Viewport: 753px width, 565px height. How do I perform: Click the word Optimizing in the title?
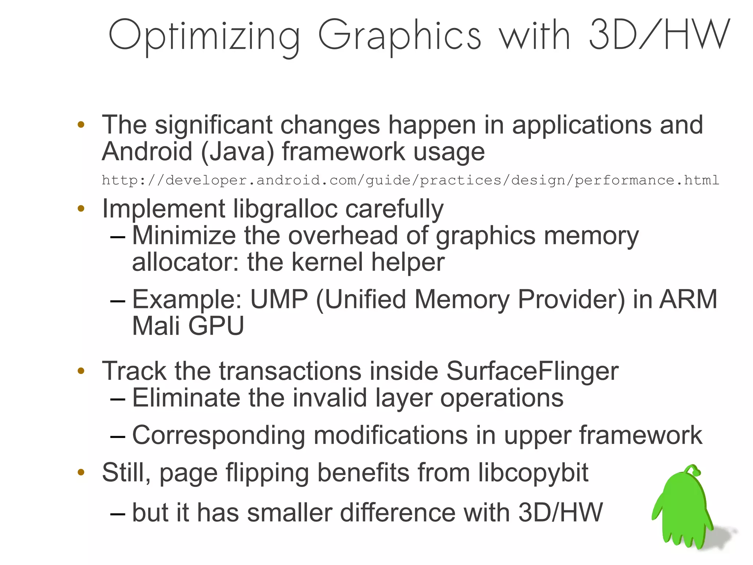pyautogui.click(x=204, y=36)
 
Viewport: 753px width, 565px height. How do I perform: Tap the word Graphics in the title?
pyautogui.click(x=399, y=36)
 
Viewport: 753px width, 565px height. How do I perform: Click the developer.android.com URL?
pyautogui.click(x=410, y=180)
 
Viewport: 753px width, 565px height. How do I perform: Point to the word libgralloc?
pyautogui.click(x=285, y=209)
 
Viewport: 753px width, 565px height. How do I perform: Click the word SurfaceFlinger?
pyautogui.click(x=532, y=371)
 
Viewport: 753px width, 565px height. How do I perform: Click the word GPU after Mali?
pyautogui.click(x=216, y=326)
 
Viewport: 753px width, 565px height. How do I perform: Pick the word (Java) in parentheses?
pyautogui.click(x=238, y=152)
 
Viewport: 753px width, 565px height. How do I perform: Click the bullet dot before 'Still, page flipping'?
pyautogui.click(x=81, y=472)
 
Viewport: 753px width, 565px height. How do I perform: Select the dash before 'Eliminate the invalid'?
pyautogui.click(x=118, y=399)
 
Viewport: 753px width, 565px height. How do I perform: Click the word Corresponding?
pyautogui.click(x=218, y=436)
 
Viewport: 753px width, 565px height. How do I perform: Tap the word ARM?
pyautogui.click(x=688, y=299)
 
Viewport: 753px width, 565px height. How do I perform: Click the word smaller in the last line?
pyautogui.click(x=290, y=512)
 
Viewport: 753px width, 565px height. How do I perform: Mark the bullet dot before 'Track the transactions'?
pyautogui.click(x=81, y=371)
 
